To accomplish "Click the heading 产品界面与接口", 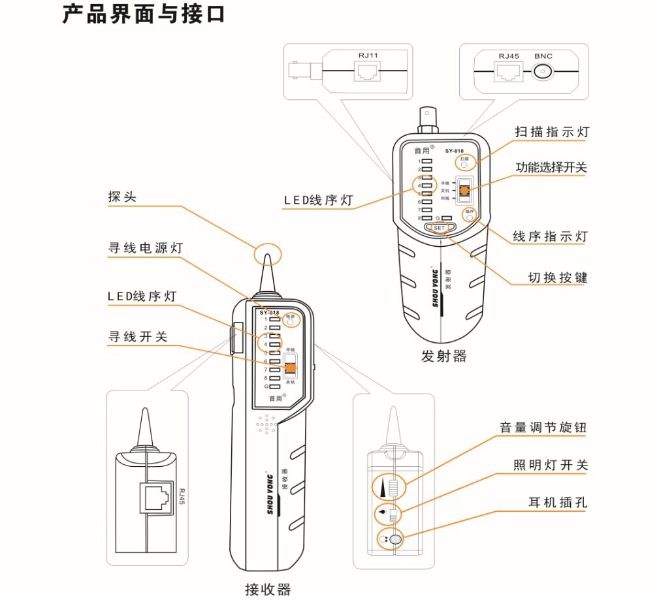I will pyautogui.click(x=144, y=14).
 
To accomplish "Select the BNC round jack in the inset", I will pyautogui.click(x=543, y=72).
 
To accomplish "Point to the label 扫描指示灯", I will pyautogui.click(x=551, y=132).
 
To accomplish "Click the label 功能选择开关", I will pyautogui.click(x=551, y=168).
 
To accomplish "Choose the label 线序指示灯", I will pyautogui.click(x=550, y=236).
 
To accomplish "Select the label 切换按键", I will pyautogui.click(x=558, y=278).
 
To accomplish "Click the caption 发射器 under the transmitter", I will pyautogui.click(x=443, y=356).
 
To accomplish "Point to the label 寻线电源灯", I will pyautogui.click(x=145, y=249).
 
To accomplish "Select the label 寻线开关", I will pyautogui.click(x=138, y=337).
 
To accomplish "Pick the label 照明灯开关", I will pyautogui.click(x=551, y=466).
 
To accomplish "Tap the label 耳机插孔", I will pyautogui.click(x=558, y=503).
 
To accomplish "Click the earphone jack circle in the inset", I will pyautogui.click(x=394, y=540).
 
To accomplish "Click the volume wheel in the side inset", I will pyautogui.click(x=394, y=488).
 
